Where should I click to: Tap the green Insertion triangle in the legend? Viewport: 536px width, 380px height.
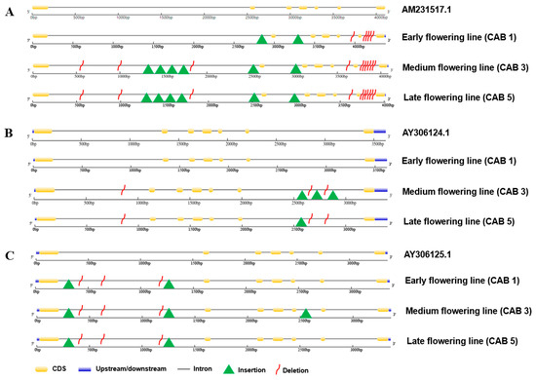232,370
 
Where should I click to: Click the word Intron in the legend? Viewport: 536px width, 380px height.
203,371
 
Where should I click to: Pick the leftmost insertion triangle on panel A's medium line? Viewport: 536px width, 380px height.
147,69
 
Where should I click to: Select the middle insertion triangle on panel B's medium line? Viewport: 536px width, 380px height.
316,195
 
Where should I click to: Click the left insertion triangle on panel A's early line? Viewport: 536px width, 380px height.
261,39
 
